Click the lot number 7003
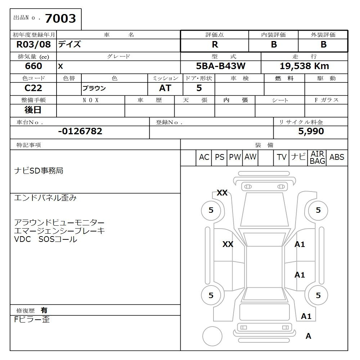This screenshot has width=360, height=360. tap(60, 18)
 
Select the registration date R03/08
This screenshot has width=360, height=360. tap(33, 44)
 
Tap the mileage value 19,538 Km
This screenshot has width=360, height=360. tap(304, 66)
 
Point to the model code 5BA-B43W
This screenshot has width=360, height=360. tap(221, 66)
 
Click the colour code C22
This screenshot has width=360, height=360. tap(33, 88)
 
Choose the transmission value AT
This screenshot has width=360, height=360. tap(165, 88)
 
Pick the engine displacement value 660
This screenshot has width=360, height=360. tap(33, 66)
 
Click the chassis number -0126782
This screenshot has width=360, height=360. tap(80, 131)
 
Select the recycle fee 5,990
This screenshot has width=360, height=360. tap(311, 131)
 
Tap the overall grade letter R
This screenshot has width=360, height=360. tap(215, 45)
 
